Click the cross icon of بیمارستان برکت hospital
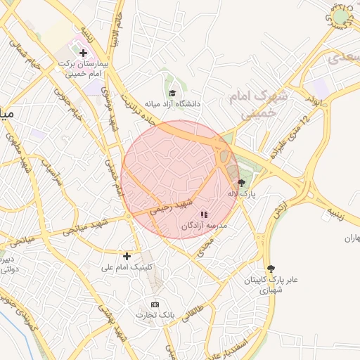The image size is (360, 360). point(83,53)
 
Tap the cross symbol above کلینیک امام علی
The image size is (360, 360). point(127,256)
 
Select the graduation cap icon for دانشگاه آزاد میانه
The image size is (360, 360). point(172,93)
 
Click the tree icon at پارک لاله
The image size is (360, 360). point(243,182)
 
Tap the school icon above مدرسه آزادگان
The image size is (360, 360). point(204,214)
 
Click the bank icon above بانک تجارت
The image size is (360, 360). point(155,304)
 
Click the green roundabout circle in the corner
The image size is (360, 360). point(341,16)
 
